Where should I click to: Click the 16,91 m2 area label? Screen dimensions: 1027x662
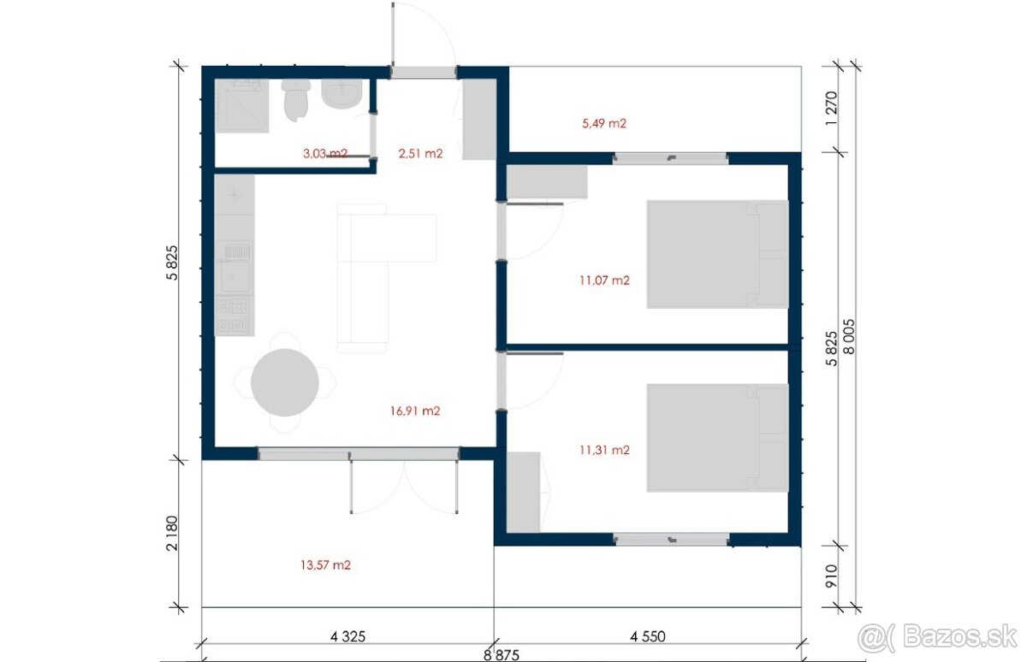tap(415, 411)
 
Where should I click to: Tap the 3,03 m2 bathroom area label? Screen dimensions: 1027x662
tap(325, 153)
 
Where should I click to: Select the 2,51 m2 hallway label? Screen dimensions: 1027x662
tap(420, 153)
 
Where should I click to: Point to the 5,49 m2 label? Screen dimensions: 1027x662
tap(604, 123)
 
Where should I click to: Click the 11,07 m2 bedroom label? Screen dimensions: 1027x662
tap(604, 280)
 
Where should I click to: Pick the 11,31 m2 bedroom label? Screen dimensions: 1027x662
tap(604, 450)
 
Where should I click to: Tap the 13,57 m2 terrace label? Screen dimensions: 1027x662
tap(325, 564)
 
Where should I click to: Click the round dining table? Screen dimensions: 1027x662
tap(285, 382)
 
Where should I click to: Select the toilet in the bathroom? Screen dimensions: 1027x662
tap(296, 100)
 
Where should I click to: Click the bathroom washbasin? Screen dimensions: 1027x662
tap(341, 93)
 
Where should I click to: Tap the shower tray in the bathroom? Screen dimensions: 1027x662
tap(241, 106)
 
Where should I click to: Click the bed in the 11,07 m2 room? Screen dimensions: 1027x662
tap(717, 254)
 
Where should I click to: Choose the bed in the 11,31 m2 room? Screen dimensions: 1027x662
tap(717, 438)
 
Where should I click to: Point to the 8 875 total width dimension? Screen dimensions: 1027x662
tap(502, 655)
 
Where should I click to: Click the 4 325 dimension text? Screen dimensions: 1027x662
tap(347, 636)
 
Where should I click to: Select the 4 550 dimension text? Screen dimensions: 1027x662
tap(647, 636)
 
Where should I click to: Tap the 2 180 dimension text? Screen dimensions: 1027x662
tap(172, 533)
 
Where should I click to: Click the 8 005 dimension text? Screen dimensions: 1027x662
tap(849, 337)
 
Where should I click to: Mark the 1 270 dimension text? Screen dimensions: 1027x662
tap(831, 109)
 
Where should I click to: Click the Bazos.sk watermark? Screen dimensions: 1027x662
tap(938, 638)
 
